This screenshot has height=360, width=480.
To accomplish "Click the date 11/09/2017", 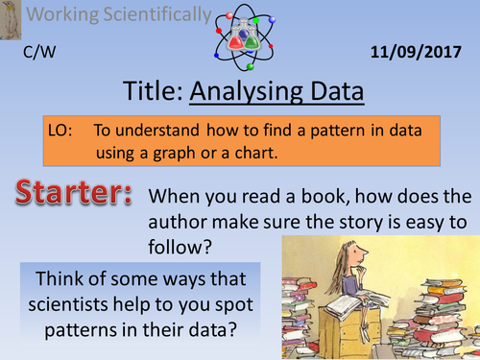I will click(x=423, y=52).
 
